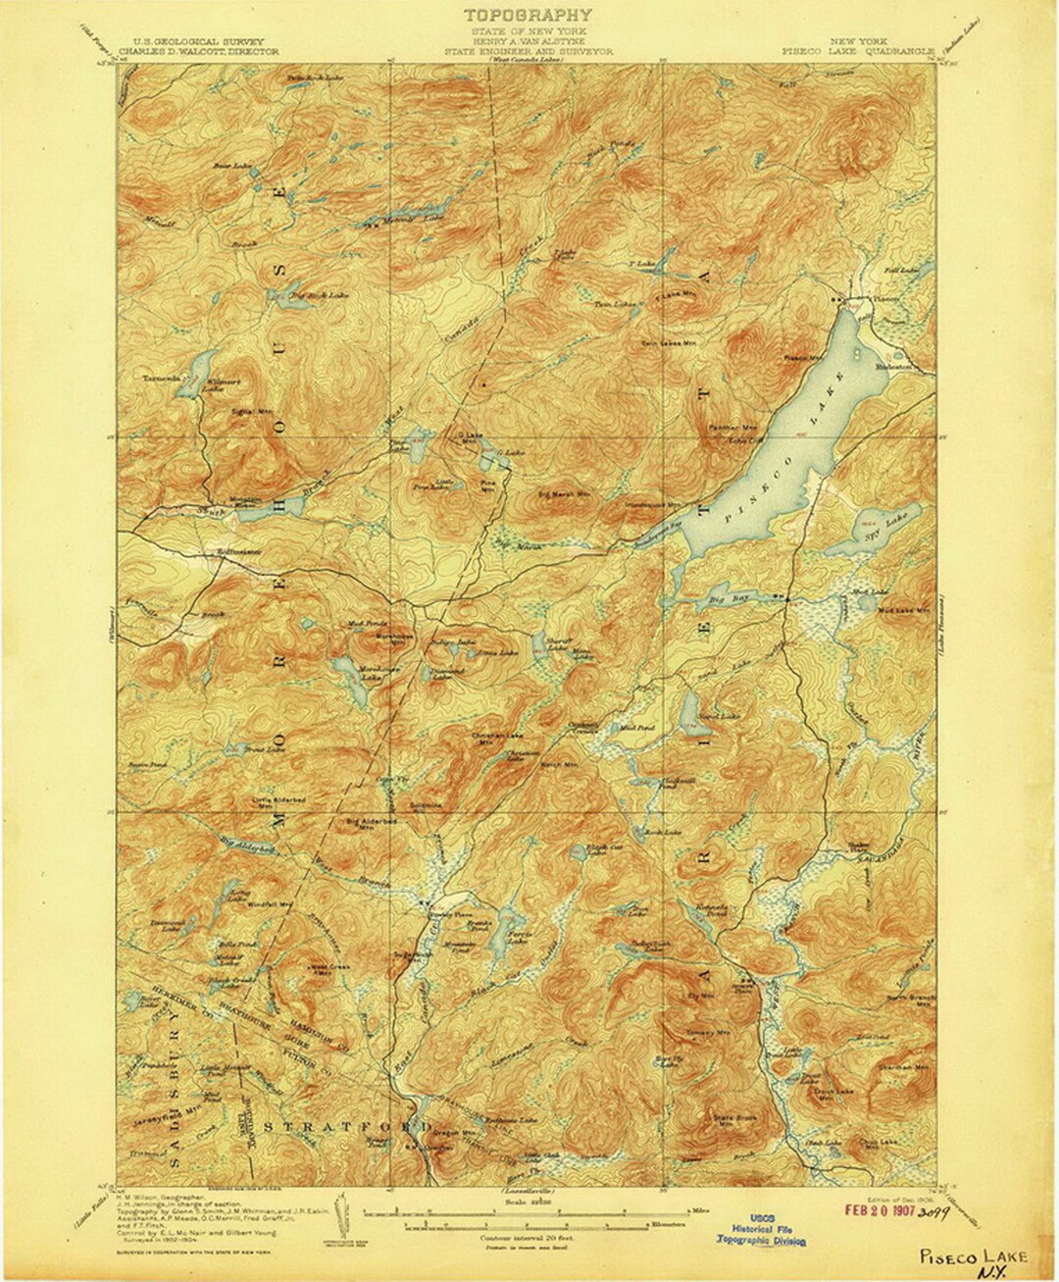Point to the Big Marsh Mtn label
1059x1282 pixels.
point(565,493)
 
